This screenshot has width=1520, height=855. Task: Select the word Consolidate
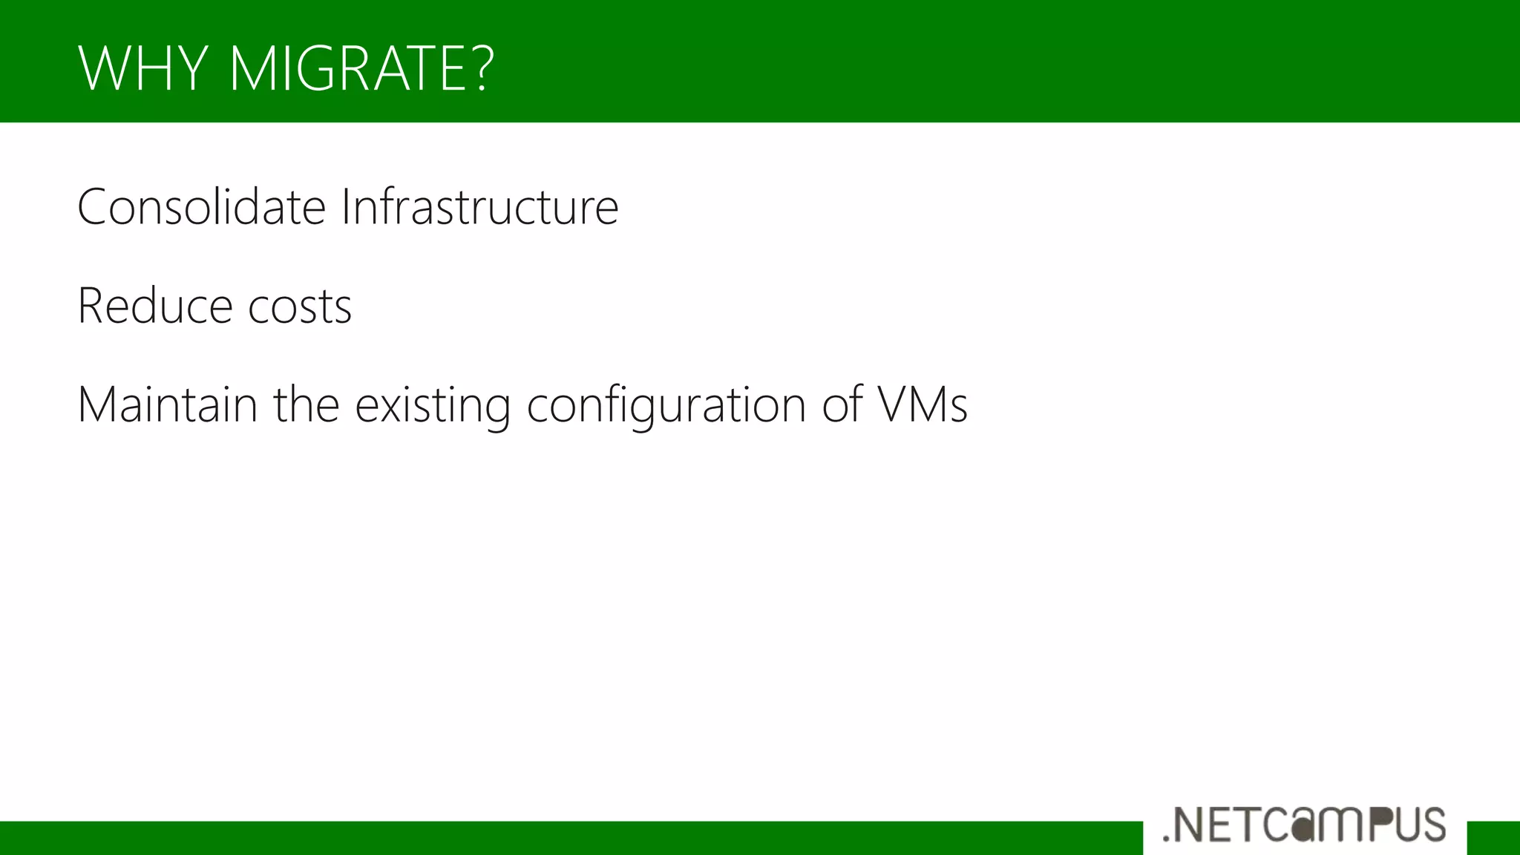click(x=201, y=207)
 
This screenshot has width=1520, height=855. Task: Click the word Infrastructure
click(x=479, y=207)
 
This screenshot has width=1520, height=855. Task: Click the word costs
click(x=300, y=307)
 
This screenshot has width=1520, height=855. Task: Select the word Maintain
click(x=167, y=405)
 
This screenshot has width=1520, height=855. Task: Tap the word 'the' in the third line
click(x=306, y=405)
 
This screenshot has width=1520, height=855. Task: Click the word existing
click(x=433, y=407)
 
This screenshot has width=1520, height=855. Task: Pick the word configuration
click(x=666, y=407)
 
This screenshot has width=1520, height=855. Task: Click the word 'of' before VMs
click(x=842, y=405)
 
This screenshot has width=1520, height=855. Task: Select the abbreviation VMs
click(x=923, y=405)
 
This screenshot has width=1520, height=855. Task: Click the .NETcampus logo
click(x=1305, y=825)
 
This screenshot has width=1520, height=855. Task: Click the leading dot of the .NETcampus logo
click(x=1166, y=839)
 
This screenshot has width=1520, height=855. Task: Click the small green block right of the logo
click(x=1493, y=838)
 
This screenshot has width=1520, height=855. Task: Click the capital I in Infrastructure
click(x=345, y=207)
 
